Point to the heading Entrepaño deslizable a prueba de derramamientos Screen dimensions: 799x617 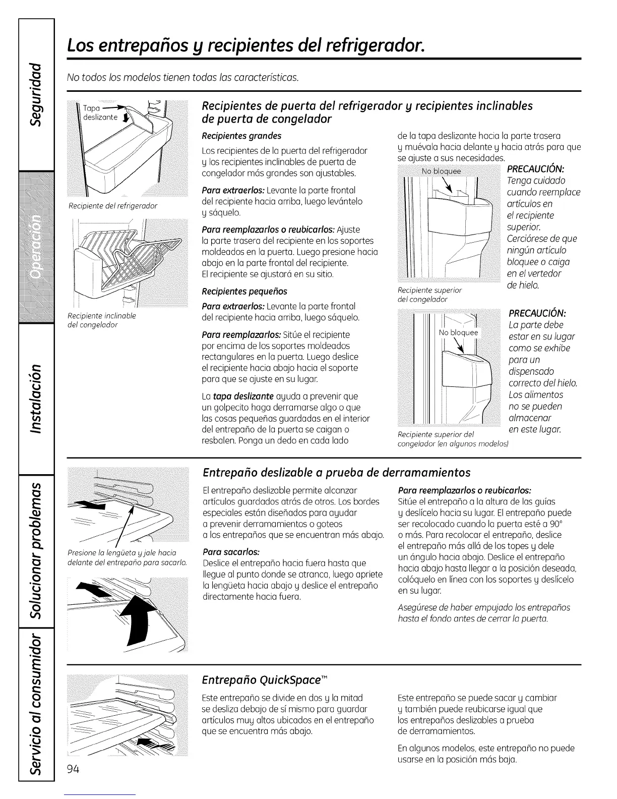tap(336, 472)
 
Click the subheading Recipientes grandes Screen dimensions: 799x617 tap(241, 136)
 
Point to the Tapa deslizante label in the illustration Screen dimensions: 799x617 tap(101, 113)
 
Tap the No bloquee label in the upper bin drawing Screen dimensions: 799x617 tap(441, 171)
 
